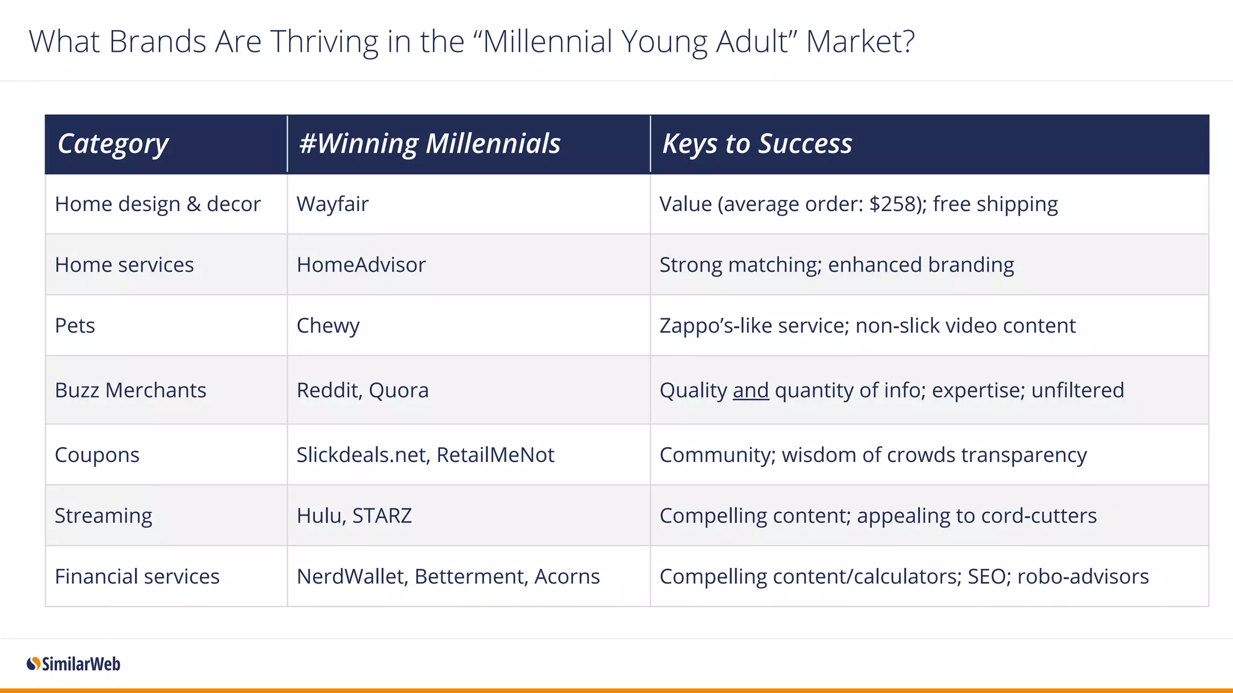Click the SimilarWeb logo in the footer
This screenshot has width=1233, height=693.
point(73,664)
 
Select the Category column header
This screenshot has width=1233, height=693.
point(113,144)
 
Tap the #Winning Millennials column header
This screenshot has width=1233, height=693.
point(429,144)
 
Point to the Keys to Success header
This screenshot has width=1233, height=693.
point(757,144)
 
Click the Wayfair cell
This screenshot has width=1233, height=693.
point(332,205)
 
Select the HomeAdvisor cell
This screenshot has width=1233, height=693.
point(361,265)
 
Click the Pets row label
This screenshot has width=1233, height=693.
point(75,326)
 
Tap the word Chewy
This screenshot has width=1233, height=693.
point(328,326)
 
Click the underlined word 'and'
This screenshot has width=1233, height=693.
point(750,390)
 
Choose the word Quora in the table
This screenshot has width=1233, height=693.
point(399,390)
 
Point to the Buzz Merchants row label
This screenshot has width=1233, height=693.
point(130,390)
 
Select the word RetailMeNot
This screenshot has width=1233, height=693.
point(495,455)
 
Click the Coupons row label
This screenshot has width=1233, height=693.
point(97,455)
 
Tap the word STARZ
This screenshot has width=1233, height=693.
point(382,516)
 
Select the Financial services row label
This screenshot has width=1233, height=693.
point(137,577)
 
